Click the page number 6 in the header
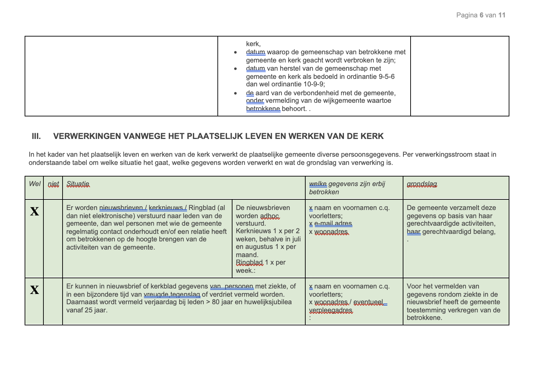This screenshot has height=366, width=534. click(481, 15)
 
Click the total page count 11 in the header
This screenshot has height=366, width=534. click(502, 15)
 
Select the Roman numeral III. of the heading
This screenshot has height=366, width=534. click(36, 136)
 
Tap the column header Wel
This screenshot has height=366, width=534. click(35, 184)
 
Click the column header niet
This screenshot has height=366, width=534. click(53, 184)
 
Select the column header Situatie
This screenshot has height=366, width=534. click(78, 184)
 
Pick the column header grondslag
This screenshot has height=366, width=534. click(422, 184)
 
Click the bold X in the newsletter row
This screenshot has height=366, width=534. click(35, 212)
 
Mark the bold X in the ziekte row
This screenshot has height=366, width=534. click(35, 290)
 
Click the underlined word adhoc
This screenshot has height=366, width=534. click(270, 216)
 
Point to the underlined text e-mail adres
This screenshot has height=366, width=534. click(333, 224)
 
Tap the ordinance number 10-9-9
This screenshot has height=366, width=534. click(313, 84)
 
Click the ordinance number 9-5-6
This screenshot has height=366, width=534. click(387, 76)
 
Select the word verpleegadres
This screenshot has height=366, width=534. click(331, 310)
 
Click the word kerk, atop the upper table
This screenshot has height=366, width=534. click(253, 44)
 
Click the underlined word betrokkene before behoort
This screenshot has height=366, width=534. click(263, 109)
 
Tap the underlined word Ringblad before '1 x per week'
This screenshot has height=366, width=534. click(249, 262)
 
